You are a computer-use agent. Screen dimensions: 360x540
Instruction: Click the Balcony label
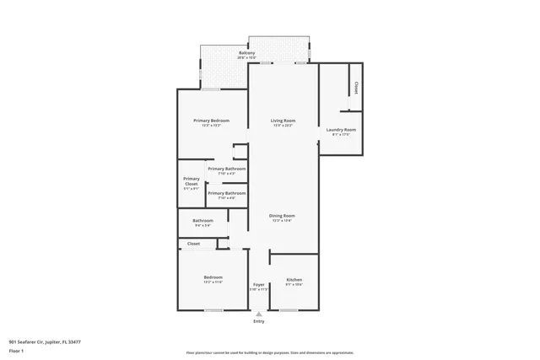click(246, 53)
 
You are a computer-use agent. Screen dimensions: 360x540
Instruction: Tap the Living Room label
click(282, 121)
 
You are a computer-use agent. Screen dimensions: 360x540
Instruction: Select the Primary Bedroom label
click(211, 121)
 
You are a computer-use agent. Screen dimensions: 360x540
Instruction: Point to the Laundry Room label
click(341, 129)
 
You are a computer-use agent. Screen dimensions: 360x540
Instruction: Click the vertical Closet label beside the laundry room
click(356, 88)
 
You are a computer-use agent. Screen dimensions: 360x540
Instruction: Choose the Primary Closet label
click(192, 180)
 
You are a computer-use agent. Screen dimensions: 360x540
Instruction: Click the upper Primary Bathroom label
click(227, 169)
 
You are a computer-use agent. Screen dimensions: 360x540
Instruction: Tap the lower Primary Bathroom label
click(227, 193)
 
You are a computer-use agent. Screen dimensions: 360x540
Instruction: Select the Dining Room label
click(282, 215)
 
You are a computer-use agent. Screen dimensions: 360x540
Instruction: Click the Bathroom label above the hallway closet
click(202, 221)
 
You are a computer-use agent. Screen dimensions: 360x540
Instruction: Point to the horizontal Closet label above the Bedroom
click(193, 244)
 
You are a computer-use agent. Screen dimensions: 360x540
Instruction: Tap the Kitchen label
click(294, 280)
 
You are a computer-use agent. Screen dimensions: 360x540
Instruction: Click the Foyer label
click(259, 284)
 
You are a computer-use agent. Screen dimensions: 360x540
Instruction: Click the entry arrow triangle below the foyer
click(259, 313)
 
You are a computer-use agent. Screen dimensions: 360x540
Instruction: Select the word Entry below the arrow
click(259, 321)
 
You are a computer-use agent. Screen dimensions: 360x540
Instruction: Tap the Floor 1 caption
click(16, 350)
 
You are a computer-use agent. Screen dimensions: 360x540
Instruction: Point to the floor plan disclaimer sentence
click(269, 352)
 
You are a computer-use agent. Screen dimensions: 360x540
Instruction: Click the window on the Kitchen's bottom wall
click(289, 310)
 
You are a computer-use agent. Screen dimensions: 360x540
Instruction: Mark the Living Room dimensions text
click(282, 126)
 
